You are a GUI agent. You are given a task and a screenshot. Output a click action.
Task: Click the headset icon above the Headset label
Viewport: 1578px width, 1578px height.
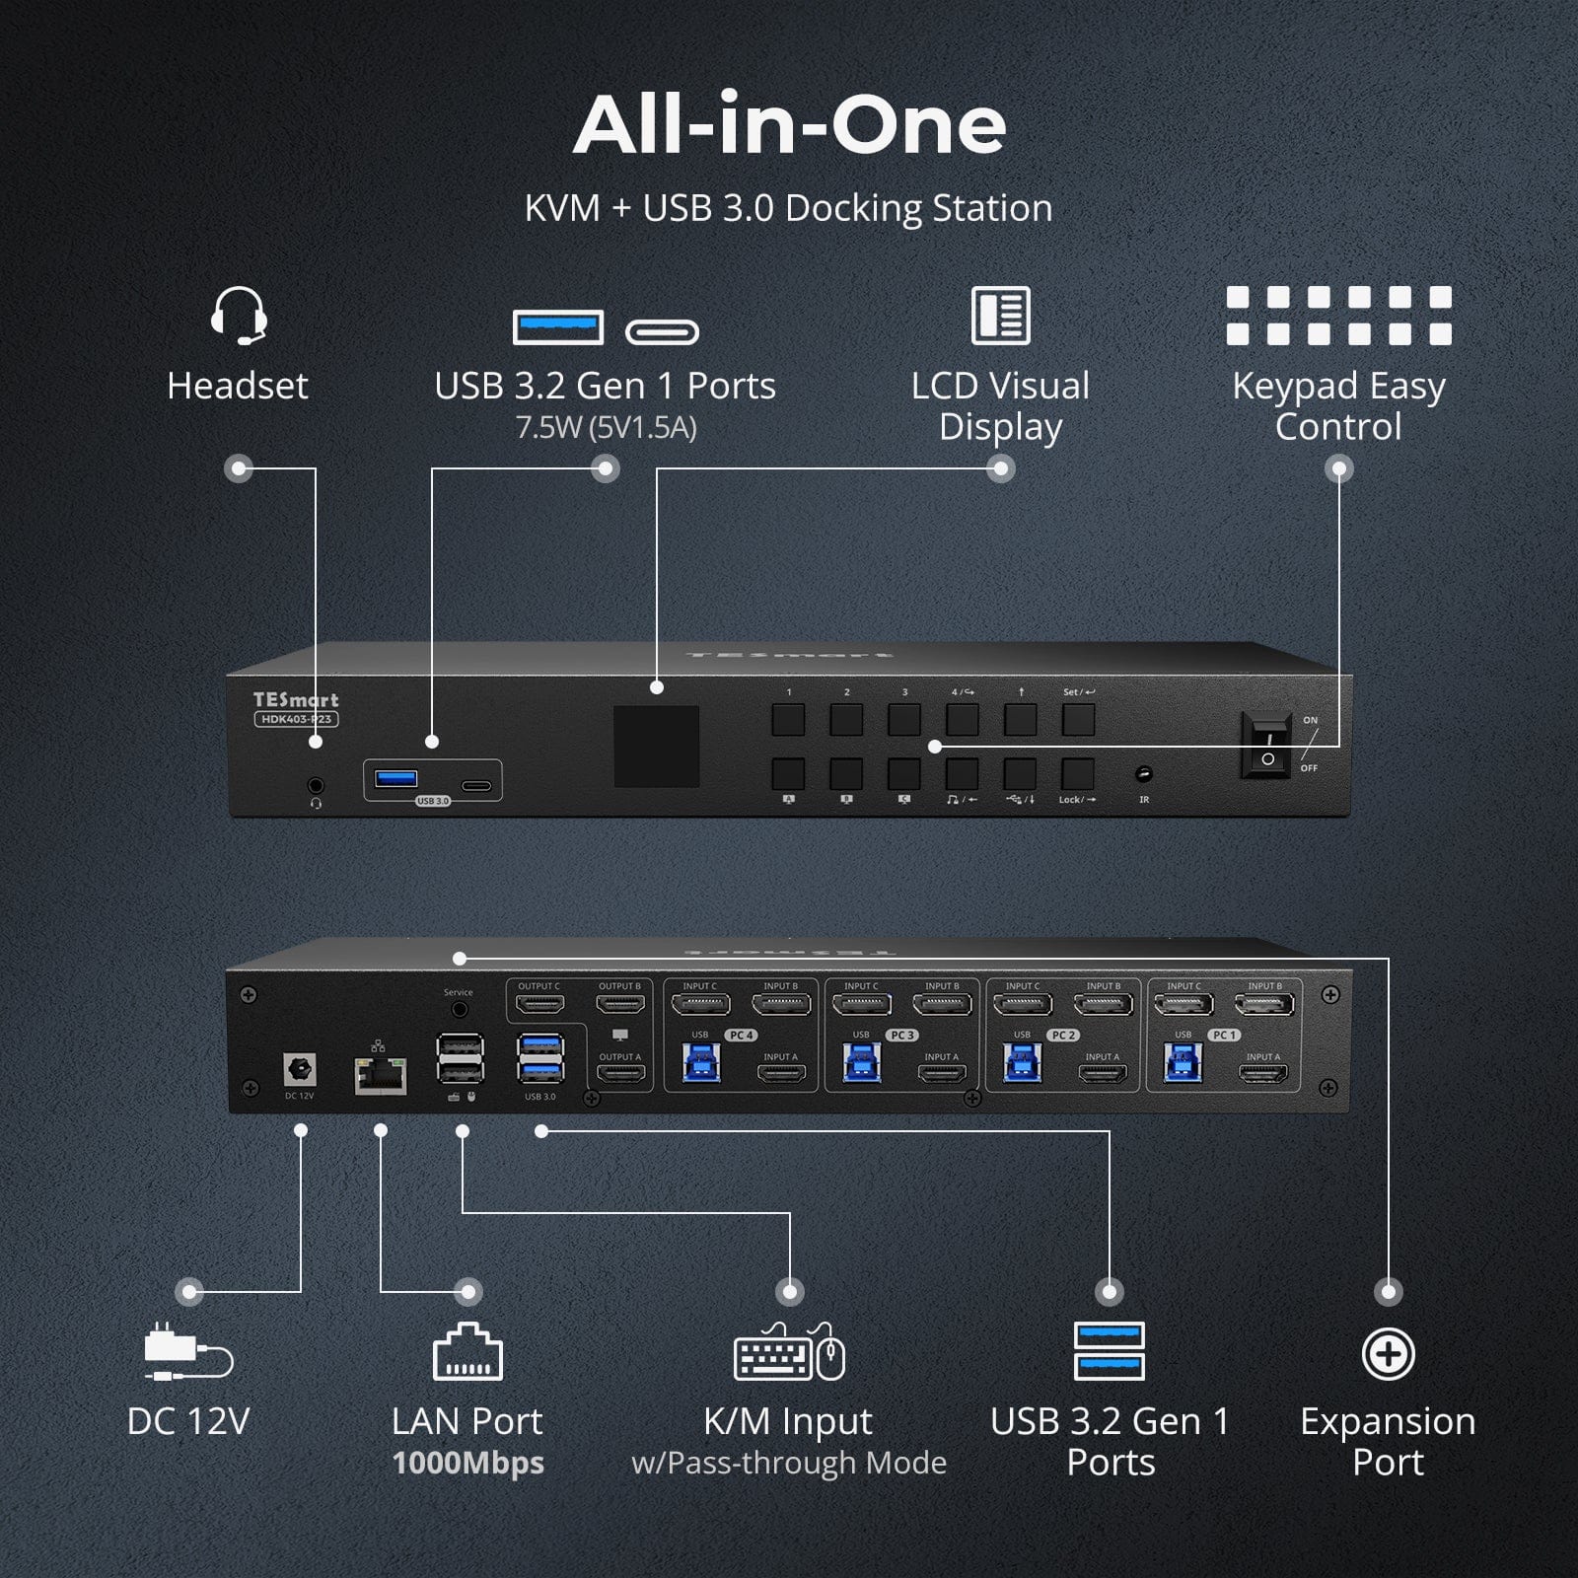(x=239, y=316)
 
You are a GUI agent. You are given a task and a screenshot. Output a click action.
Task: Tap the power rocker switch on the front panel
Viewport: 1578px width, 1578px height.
(x=1267, y=747)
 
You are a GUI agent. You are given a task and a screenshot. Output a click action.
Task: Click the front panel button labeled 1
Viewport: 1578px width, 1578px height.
(x=788, y=720)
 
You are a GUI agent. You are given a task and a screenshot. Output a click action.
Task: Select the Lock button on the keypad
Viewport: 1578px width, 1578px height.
(x=1078, y=773)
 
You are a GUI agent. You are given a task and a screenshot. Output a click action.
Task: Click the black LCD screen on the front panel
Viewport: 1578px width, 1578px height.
(x=657, y=747)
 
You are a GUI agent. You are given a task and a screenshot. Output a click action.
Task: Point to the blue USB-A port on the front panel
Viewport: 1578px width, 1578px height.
(x=396, y=778)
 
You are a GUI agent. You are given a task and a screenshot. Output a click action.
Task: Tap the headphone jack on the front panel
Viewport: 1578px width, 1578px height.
(x=316, y=786)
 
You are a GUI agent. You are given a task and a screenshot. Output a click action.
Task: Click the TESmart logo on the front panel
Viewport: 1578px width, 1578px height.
(x=295, y=699)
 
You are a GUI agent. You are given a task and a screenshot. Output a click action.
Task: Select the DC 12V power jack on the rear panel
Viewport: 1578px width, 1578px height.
(x=299, y=1069)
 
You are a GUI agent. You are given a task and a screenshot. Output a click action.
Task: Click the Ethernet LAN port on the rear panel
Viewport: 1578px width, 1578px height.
(x=381, y=1076)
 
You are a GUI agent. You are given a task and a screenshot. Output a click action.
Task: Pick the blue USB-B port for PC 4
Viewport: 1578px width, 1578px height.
(x=701, y=1063)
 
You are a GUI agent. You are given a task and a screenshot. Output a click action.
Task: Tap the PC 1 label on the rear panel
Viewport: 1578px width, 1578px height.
(x=1224, y=1035)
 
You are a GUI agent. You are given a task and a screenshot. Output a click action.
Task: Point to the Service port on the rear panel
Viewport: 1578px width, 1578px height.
(x=459, y=1010)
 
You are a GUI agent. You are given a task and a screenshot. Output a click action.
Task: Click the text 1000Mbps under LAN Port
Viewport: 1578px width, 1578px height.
(x=467, y=1463)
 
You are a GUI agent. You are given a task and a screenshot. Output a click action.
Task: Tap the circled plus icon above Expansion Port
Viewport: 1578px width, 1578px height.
(x=1388, y=1354)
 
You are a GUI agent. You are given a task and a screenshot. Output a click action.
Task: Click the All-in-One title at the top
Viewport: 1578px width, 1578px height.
(x=789, y=125)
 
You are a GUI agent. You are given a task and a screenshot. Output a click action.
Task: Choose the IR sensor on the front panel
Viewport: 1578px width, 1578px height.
(x=1144, y=774)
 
